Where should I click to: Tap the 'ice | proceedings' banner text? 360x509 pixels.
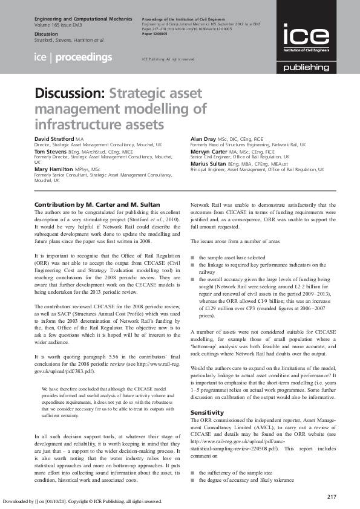tap(73, 57)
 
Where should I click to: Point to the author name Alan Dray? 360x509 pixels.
tap(203, 139)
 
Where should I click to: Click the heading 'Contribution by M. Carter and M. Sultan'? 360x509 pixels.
tap(97, 205)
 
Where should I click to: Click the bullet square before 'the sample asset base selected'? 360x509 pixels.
tap(192, 258)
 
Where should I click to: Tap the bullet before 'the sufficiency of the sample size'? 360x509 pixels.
tap(192, 472)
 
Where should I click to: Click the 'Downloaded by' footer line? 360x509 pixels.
tap(82, 501)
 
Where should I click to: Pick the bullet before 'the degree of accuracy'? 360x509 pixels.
tap(192, 480)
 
